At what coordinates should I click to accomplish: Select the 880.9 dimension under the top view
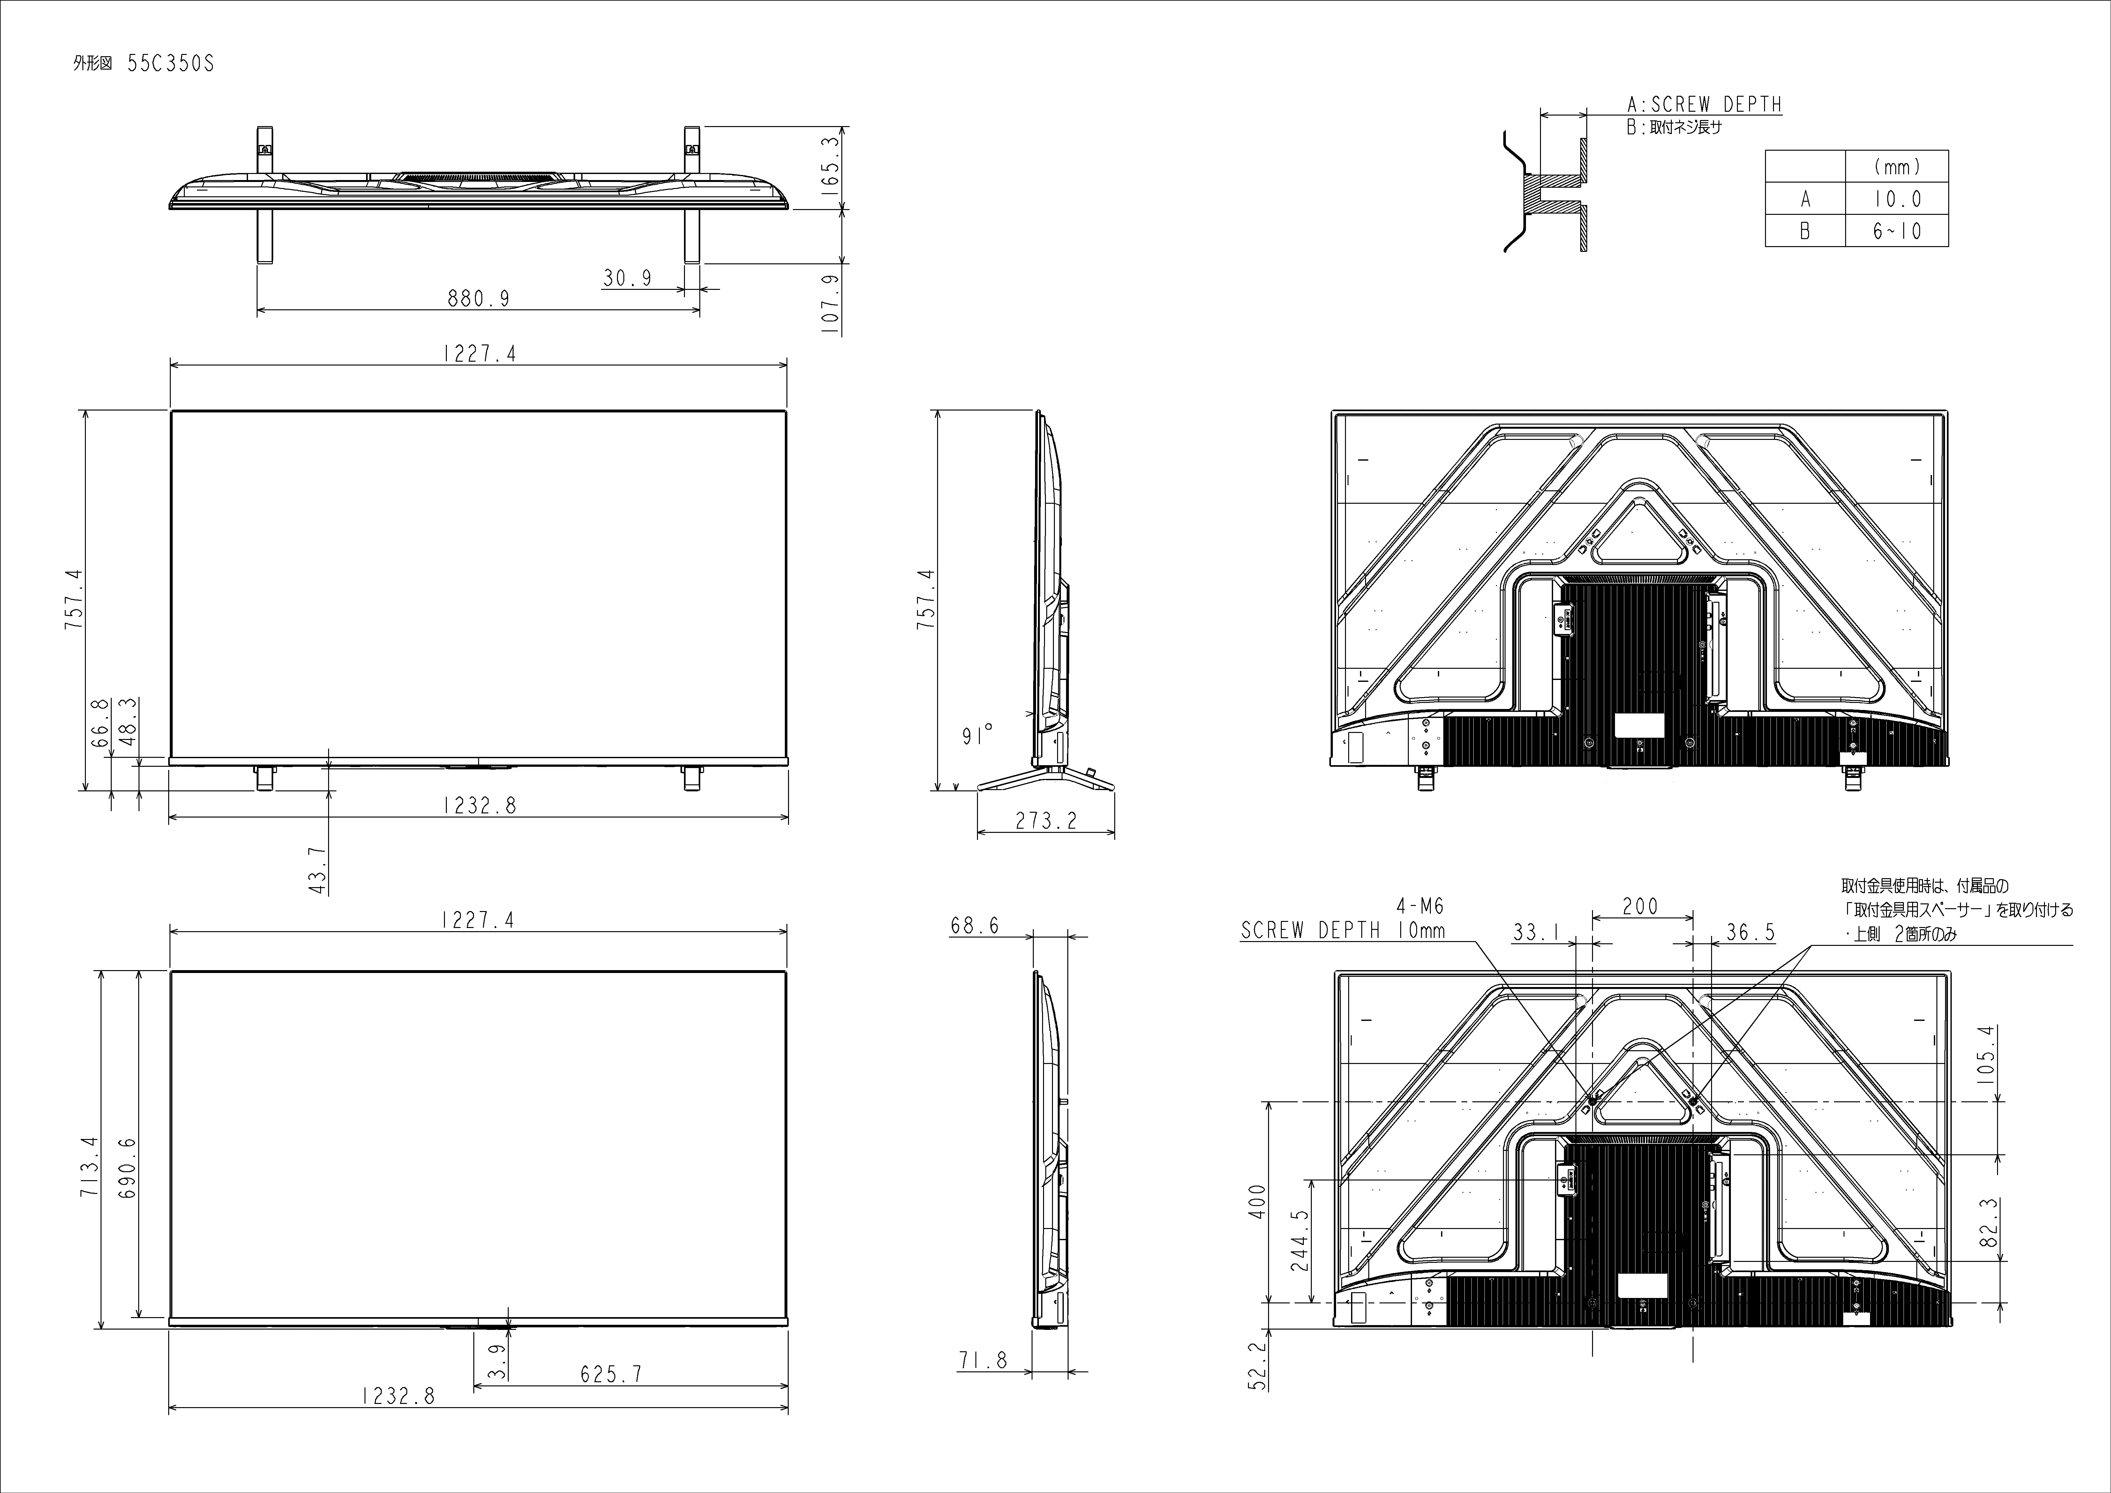(478, 298)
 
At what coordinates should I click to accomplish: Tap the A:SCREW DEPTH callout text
(1704, 105)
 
